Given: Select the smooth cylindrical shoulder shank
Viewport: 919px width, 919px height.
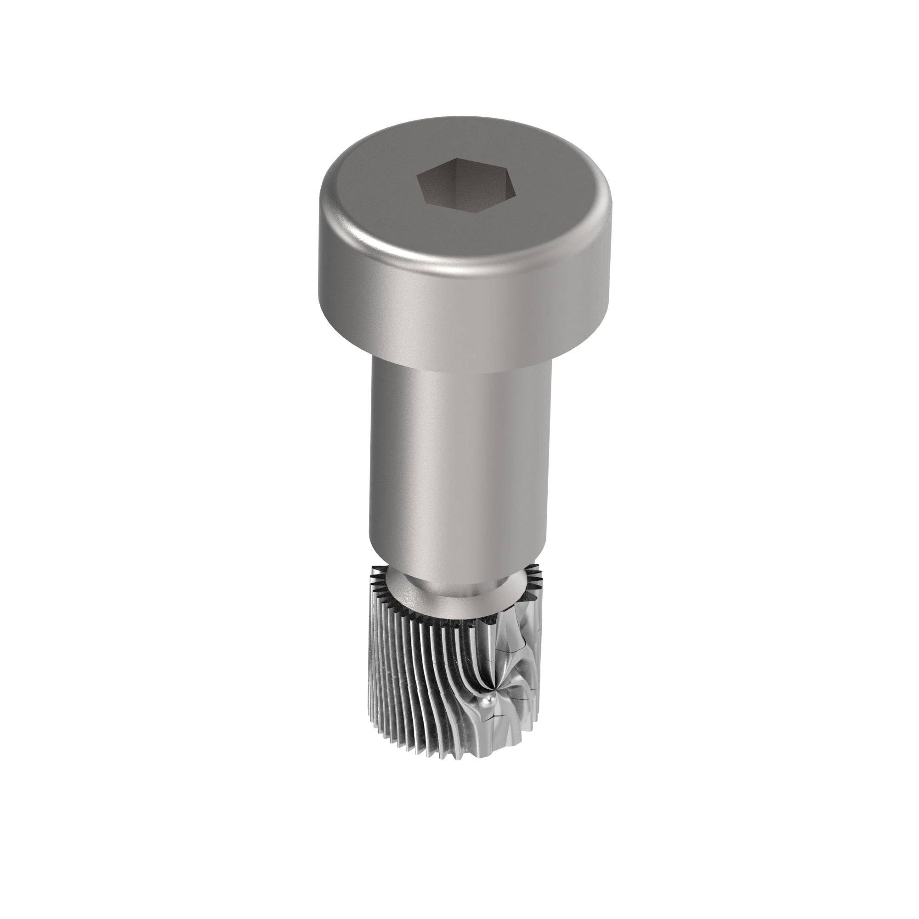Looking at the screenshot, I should (x=459, y=466).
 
